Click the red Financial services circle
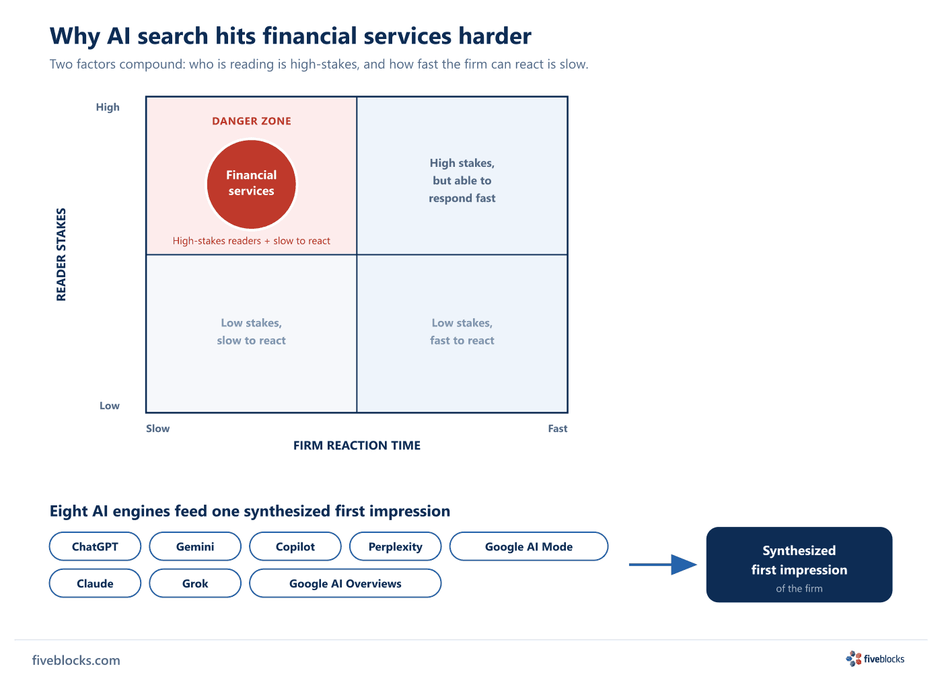pyautogui.click(x=252, y=184)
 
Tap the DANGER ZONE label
pyautogui.click(x=252, y=121)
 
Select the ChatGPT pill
pyautogui.click(x=95, y=546)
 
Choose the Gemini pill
pyautogui.click(x=195, y=546)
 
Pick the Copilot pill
pyautogui.click(x=295, y=546)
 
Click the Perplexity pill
pyautogui.click(x=396, y=546)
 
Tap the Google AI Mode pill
pyautogui.click(x=529, y=546)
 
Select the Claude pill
pyautogui.click(x=95, y=583)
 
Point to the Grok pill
pyautogui.click(x=195, y=583)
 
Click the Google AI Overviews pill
pyautogui.click(x=345, y=583)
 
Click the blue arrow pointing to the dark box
pyautogui.click(x=663, y=565)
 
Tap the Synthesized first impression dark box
pyautogui.click(x=799, y=565)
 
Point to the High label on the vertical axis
pyautogui.click(x=108, y=107)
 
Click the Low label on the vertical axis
pyautogui.click(x=109, y=406)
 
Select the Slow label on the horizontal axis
pyautogui.click(x=157, y=429)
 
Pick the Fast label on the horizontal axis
pyautogui.click(x=558, y=429)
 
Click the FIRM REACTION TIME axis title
pyautogui.click(x=357, y=445)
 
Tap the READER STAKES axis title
pyautogui.click(x=61, y=254)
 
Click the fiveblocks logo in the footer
pyautogui.click(x=875, y=659)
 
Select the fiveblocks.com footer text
pyautogui.click(x=76, y=660)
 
